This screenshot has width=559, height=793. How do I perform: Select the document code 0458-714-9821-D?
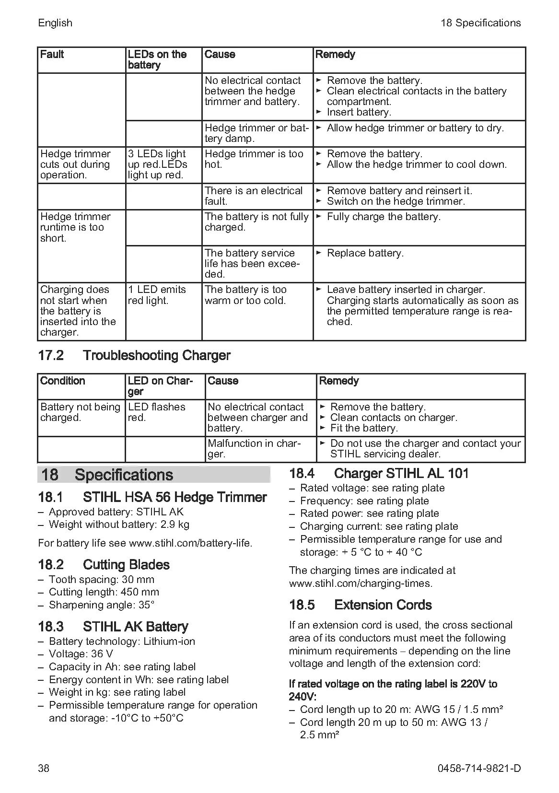click(x=479, y=768)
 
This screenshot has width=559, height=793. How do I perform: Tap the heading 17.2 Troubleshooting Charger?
click(x=134, y=355)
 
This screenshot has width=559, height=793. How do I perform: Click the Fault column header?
click(x=52, y=54)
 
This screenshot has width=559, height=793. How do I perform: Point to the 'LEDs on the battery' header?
click(x=157, y=59)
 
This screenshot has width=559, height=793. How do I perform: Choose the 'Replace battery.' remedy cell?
click(x=365, y=253)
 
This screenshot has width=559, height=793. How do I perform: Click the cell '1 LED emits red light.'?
click(x=157, y=295)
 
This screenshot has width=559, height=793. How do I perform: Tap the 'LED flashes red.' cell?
click(x=156, y=412)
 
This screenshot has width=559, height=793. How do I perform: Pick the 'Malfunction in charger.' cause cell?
click(x=254, y=448)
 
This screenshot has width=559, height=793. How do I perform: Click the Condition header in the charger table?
click(x=63, y=381)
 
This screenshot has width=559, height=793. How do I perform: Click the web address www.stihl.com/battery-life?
click(x=190, y=543)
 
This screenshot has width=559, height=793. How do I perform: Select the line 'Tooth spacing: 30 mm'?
click(x=101, y=579)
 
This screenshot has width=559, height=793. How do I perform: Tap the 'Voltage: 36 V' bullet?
click(x=81, y=654)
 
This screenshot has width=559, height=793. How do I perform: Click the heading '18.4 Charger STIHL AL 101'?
click(x=378, y=474)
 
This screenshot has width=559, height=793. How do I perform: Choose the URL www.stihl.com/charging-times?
click(x=361, y=583)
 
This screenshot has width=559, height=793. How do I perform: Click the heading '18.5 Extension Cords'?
click(x=360, y=605)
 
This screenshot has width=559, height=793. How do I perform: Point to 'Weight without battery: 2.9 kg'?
click(x=119, y=524)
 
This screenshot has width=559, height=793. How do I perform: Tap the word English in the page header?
click(x=55, y=23)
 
